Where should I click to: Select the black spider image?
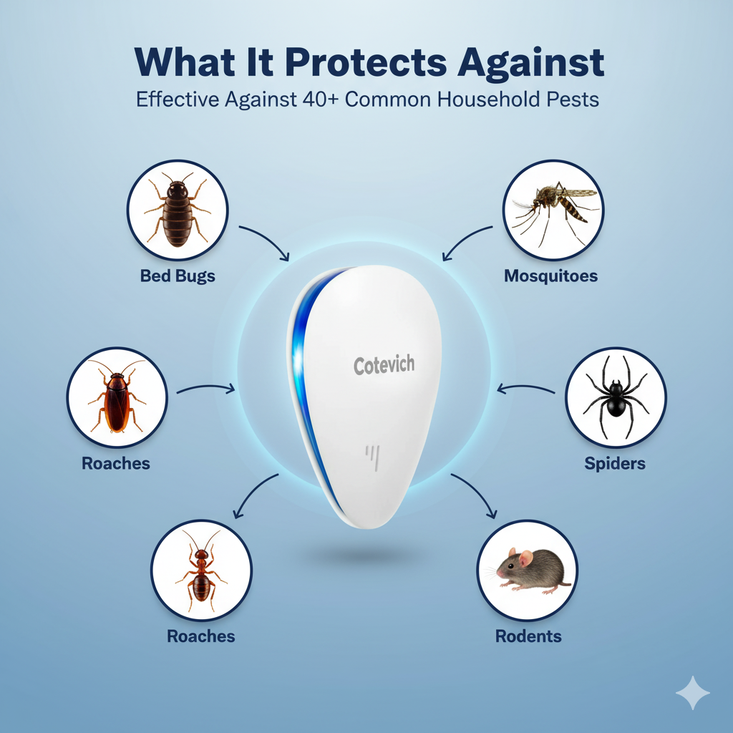(615, 398)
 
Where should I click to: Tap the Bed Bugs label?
(178, 276)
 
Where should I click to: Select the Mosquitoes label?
(550, 276)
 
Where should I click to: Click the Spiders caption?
(615, 463)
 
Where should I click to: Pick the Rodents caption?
(528, 636)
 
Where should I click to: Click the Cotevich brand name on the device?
(384, 365)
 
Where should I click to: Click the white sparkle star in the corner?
(693, 692)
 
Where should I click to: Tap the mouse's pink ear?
(525, 558)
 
